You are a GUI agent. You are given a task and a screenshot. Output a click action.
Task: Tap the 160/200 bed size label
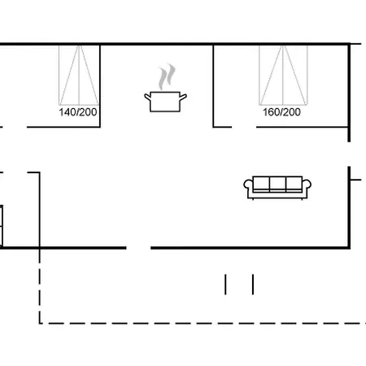click(x=281, y=113)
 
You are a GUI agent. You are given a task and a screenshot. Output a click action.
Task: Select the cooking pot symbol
click(x=166, y=101)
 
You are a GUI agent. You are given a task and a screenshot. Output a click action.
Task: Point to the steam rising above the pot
click(x=167, y=77)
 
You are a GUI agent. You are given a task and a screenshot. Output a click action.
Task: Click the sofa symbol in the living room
click(x=278, y=186)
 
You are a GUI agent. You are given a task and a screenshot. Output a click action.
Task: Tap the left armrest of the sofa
click(x=248, y=188)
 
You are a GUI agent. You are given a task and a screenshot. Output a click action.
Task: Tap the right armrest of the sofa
click(x=308, y=188)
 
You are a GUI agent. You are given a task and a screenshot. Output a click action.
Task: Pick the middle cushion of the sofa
click(x=278, y=184)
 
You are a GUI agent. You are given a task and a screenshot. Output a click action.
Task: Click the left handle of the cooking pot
click(x=146, y=98)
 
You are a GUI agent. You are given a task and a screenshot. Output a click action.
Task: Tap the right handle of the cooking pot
click(x=186, y=98)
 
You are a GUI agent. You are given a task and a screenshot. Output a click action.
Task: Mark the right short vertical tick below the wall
click(x=253, y=284)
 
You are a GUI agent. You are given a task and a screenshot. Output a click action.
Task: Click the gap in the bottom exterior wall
click(x=138, y=247)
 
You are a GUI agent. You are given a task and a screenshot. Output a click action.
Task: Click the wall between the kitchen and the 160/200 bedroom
click(x=213, y=85)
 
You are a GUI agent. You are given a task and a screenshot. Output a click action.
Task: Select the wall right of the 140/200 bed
click(x=98, y=85)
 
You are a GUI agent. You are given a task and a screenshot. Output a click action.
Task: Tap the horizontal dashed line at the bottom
click(x=195, y=323)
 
